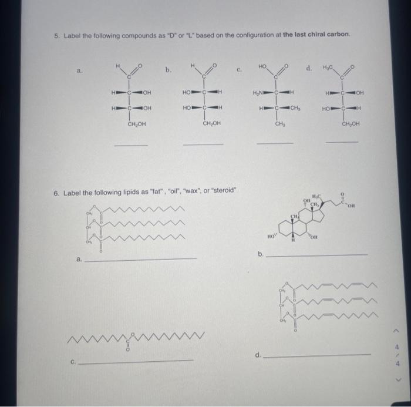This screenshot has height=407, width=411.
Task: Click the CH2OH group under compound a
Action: point(137,124)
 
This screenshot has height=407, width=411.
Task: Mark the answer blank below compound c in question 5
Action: point(275,143)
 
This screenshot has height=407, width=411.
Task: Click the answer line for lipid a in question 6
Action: point(141,258)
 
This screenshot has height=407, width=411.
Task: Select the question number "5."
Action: point(56,35)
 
